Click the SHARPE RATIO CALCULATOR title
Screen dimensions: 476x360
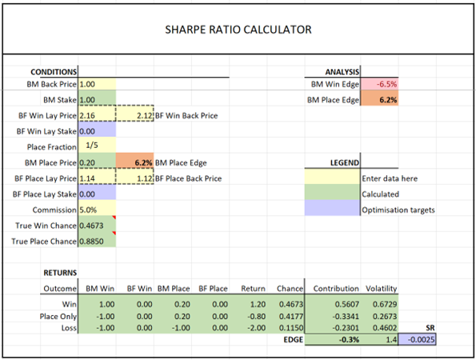[x=238, y=30]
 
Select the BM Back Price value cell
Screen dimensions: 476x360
[x=97, y=84]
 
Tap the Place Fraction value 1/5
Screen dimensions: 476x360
[x=92, y=145]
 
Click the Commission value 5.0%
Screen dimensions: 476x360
[x=88, y=210]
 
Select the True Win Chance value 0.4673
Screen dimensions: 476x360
[x=91, y=226]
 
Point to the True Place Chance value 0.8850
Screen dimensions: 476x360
[x=91, y=242]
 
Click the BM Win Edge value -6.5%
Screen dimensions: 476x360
[x=386, y=84]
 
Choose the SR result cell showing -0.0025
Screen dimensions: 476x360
[x=417, y=339]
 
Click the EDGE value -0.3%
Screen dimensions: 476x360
[x=349, y=339]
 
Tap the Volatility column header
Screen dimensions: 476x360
[x=382, y=288]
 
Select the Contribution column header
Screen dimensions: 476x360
[x=336, y=288]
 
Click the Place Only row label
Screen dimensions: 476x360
[x=58, y=317]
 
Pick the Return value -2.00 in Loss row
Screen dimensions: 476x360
[x=257, y=328]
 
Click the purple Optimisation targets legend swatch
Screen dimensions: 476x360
[x=332, y=208]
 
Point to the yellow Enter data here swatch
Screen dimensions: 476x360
[x=332, y=176]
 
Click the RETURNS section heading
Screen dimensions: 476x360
[x=60, y=273]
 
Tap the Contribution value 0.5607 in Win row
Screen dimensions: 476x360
[x=347, y=304]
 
